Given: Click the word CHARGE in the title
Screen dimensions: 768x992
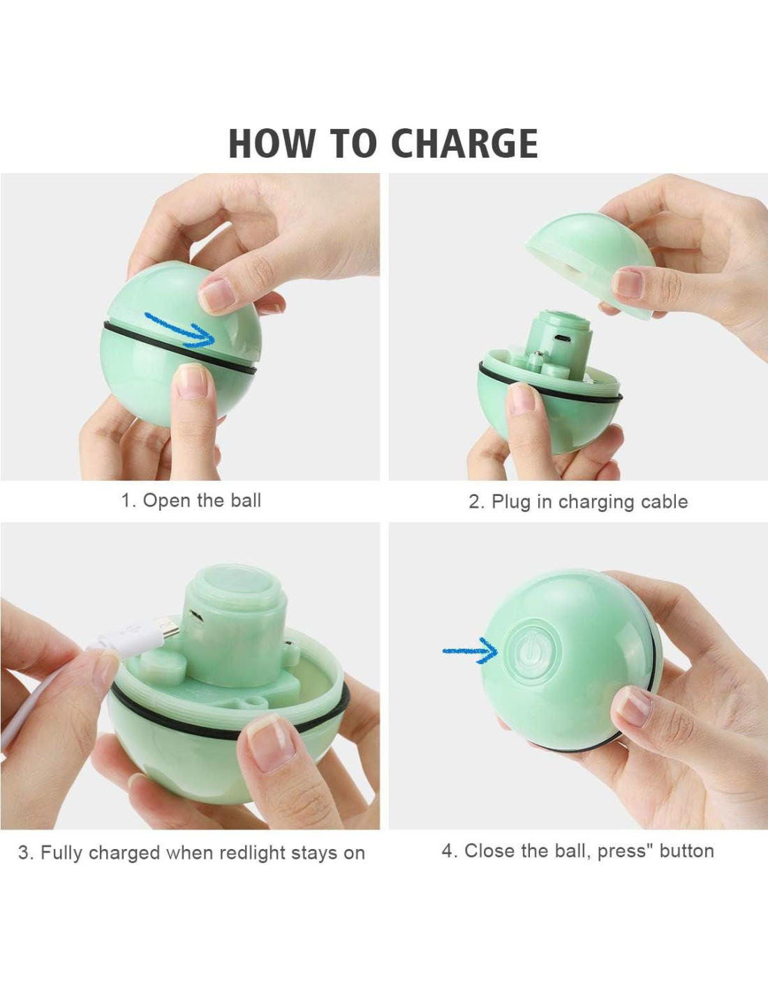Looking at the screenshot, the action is (464, 143).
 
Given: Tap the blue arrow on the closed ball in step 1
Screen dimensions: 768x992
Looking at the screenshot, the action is (180, 329).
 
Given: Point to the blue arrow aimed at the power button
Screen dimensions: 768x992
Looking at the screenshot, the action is (470, 651).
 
